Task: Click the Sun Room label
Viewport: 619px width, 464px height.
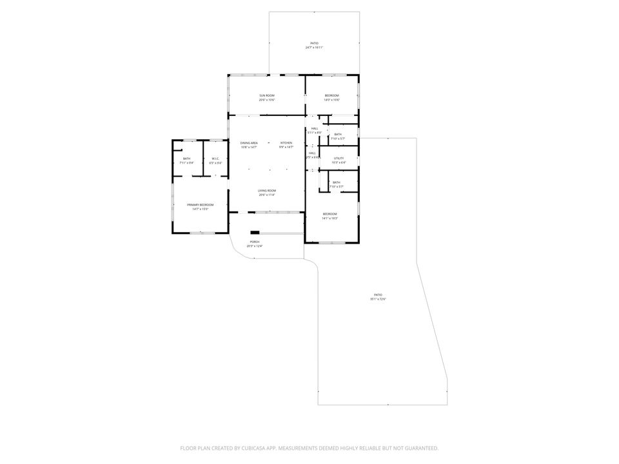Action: click(x=267, y=95)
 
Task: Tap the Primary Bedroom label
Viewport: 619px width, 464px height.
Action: click(x=201, y=204)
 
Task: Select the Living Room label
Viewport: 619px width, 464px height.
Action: click(x=267, y=190)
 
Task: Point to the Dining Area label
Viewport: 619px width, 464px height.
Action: click(x=249, y=142)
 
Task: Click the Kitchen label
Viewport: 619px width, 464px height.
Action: click(x=286, y=142)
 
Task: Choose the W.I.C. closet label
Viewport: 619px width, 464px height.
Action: click(x=215, y=159)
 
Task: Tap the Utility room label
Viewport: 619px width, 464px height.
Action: click(x=339, y=158)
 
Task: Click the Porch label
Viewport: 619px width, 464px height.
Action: click(x=254, y=242)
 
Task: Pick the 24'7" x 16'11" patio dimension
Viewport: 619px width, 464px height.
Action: click(x=314, y=48)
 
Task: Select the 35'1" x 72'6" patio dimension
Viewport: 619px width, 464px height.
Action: click(x=378, y=299)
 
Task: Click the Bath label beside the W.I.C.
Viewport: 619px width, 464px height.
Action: click(x=186, y=159)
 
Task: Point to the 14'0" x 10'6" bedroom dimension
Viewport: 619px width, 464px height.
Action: click(x=331, y=100)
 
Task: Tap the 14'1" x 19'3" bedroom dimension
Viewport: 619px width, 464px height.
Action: click(x=329, y=218)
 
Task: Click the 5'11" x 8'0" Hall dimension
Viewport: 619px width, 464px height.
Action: click(x=315, y=133)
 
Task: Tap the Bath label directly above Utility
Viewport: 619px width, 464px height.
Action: click(x=338, y=134)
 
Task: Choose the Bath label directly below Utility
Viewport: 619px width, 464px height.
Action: click(x=336, y=182)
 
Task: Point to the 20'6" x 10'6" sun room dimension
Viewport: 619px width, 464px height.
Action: click(x=267, y=100)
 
